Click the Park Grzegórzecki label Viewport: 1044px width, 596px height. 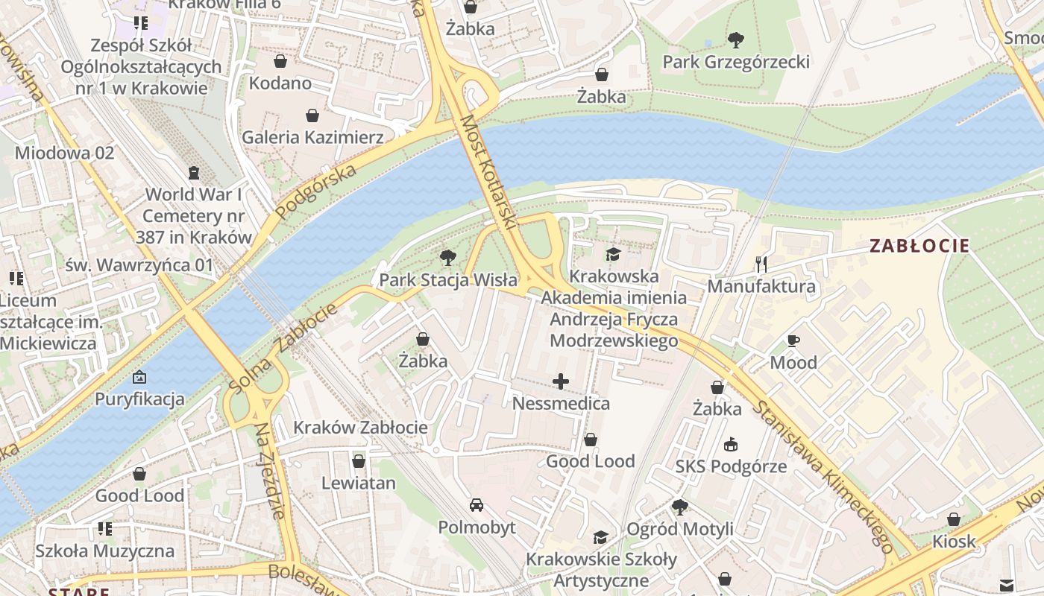(736, 61)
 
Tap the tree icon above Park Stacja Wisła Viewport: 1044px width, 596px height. (447, 259)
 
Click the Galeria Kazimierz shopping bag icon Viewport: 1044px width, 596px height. (312, 115)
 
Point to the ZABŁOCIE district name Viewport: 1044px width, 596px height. (919, 246)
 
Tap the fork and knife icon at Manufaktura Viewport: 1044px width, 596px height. (761, 264)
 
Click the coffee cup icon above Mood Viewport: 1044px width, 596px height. (793, 341)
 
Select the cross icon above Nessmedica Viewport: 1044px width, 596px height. (561, 382)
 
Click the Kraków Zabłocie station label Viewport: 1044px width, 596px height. (360, 427)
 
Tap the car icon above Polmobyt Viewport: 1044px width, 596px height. (477, 505)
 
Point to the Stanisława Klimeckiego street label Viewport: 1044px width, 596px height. (823, 477)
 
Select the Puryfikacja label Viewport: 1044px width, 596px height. (139, 399)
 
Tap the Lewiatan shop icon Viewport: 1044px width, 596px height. (359, 461)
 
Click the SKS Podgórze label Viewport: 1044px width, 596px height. (731, 466)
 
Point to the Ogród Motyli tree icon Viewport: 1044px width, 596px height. (679, 507)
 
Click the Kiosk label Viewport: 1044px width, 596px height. (954, 541)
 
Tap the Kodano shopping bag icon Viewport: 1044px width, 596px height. (280, 61)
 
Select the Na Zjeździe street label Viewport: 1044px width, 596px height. (269, 471)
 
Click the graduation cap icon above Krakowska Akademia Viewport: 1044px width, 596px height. (613, 255)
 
